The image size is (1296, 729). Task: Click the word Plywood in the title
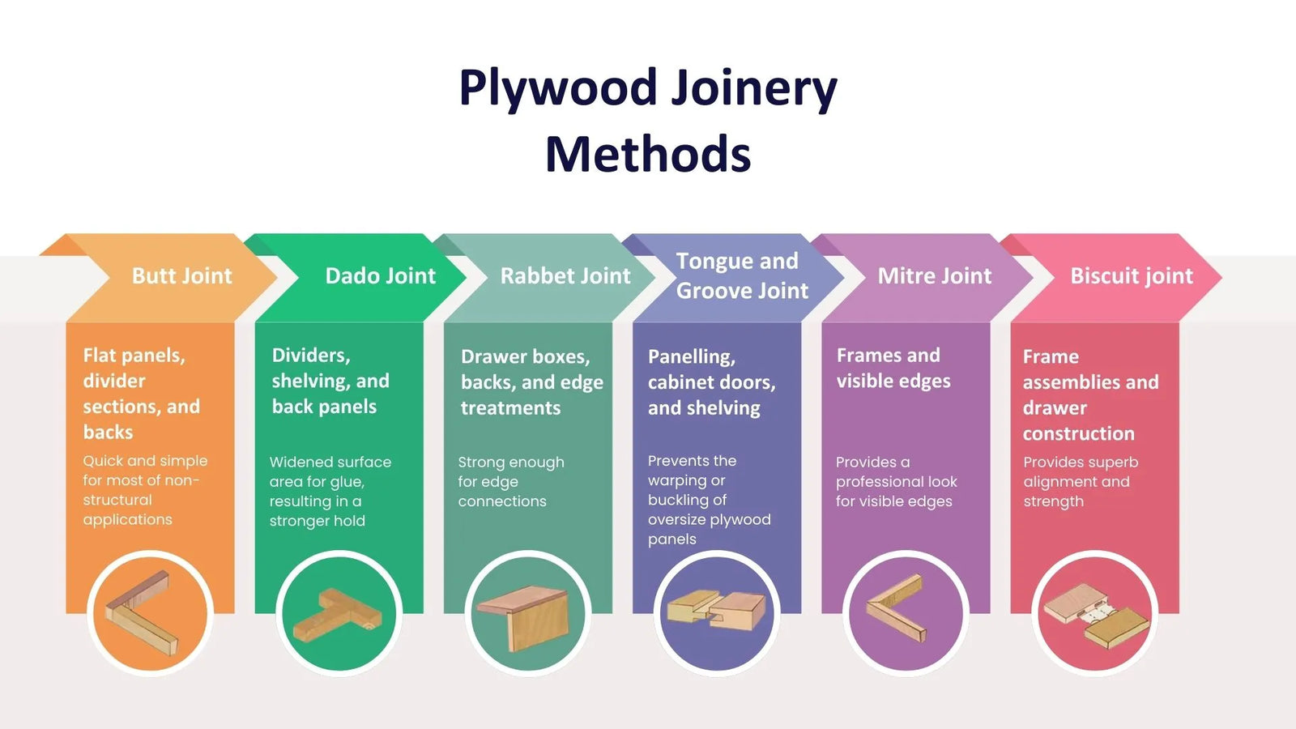point(557,87)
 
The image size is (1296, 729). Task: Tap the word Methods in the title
point(648,154)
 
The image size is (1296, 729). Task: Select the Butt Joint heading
point(181,276)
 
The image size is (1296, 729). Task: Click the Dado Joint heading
point(380,276)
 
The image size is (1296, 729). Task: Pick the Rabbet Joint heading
point(565,276)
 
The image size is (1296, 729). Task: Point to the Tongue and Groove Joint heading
point(741,275)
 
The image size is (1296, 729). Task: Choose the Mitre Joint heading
point(934,276)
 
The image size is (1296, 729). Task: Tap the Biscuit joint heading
point(1131,276)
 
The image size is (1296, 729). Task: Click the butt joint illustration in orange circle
point(149,613)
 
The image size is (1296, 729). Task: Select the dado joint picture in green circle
point(338,613)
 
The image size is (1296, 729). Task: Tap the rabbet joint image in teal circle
point(527,613)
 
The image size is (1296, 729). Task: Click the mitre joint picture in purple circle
point(905,613)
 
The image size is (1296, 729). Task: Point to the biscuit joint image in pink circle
point(1094,613)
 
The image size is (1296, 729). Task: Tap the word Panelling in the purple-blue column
point(691,356)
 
